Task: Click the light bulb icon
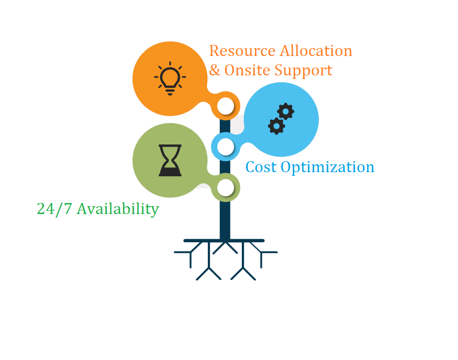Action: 170,78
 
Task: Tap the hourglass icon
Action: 170,160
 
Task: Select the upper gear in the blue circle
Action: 285,111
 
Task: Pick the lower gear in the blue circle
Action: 276,126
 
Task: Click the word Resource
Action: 242,51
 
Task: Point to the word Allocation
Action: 316,51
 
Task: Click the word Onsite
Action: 247,70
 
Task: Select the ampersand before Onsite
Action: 215,70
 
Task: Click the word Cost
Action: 261,167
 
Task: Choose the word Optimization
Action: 328,168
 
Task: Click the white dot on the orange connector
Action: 226,106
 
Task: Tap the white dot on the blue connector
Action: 226,147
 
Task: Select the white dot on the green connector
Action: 226,187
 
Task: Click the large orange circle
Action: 170,79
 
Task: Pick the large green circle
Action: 170,160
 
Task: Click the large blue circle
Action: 281,119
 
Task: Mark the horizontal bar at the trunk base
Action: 224,241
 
